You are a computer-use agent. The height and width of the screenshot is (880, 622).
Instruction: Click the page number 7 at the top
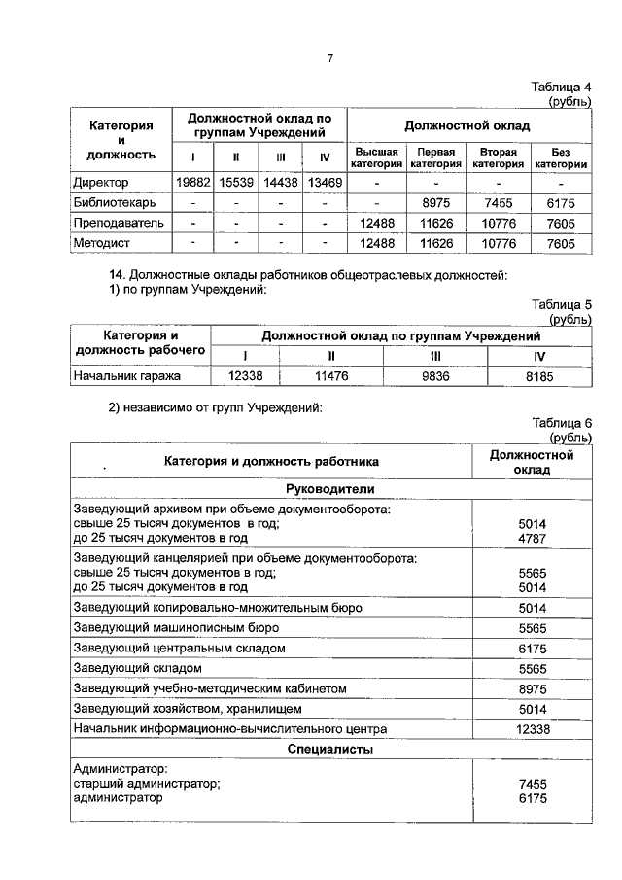(x=329, y=59)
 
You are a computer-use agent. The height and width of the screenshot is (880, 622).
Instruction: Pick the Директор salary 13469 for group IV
(x=325, y=183)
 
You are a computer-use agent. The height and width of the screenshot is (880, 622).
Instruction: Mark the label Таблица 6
(x=561, y=423)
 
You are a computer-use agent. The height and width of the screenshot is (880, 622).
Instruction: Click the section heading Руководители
(x=329, y=489)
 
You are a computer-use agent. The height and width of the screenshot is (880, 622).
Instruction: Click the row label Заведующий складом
(x=137, y=668)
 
